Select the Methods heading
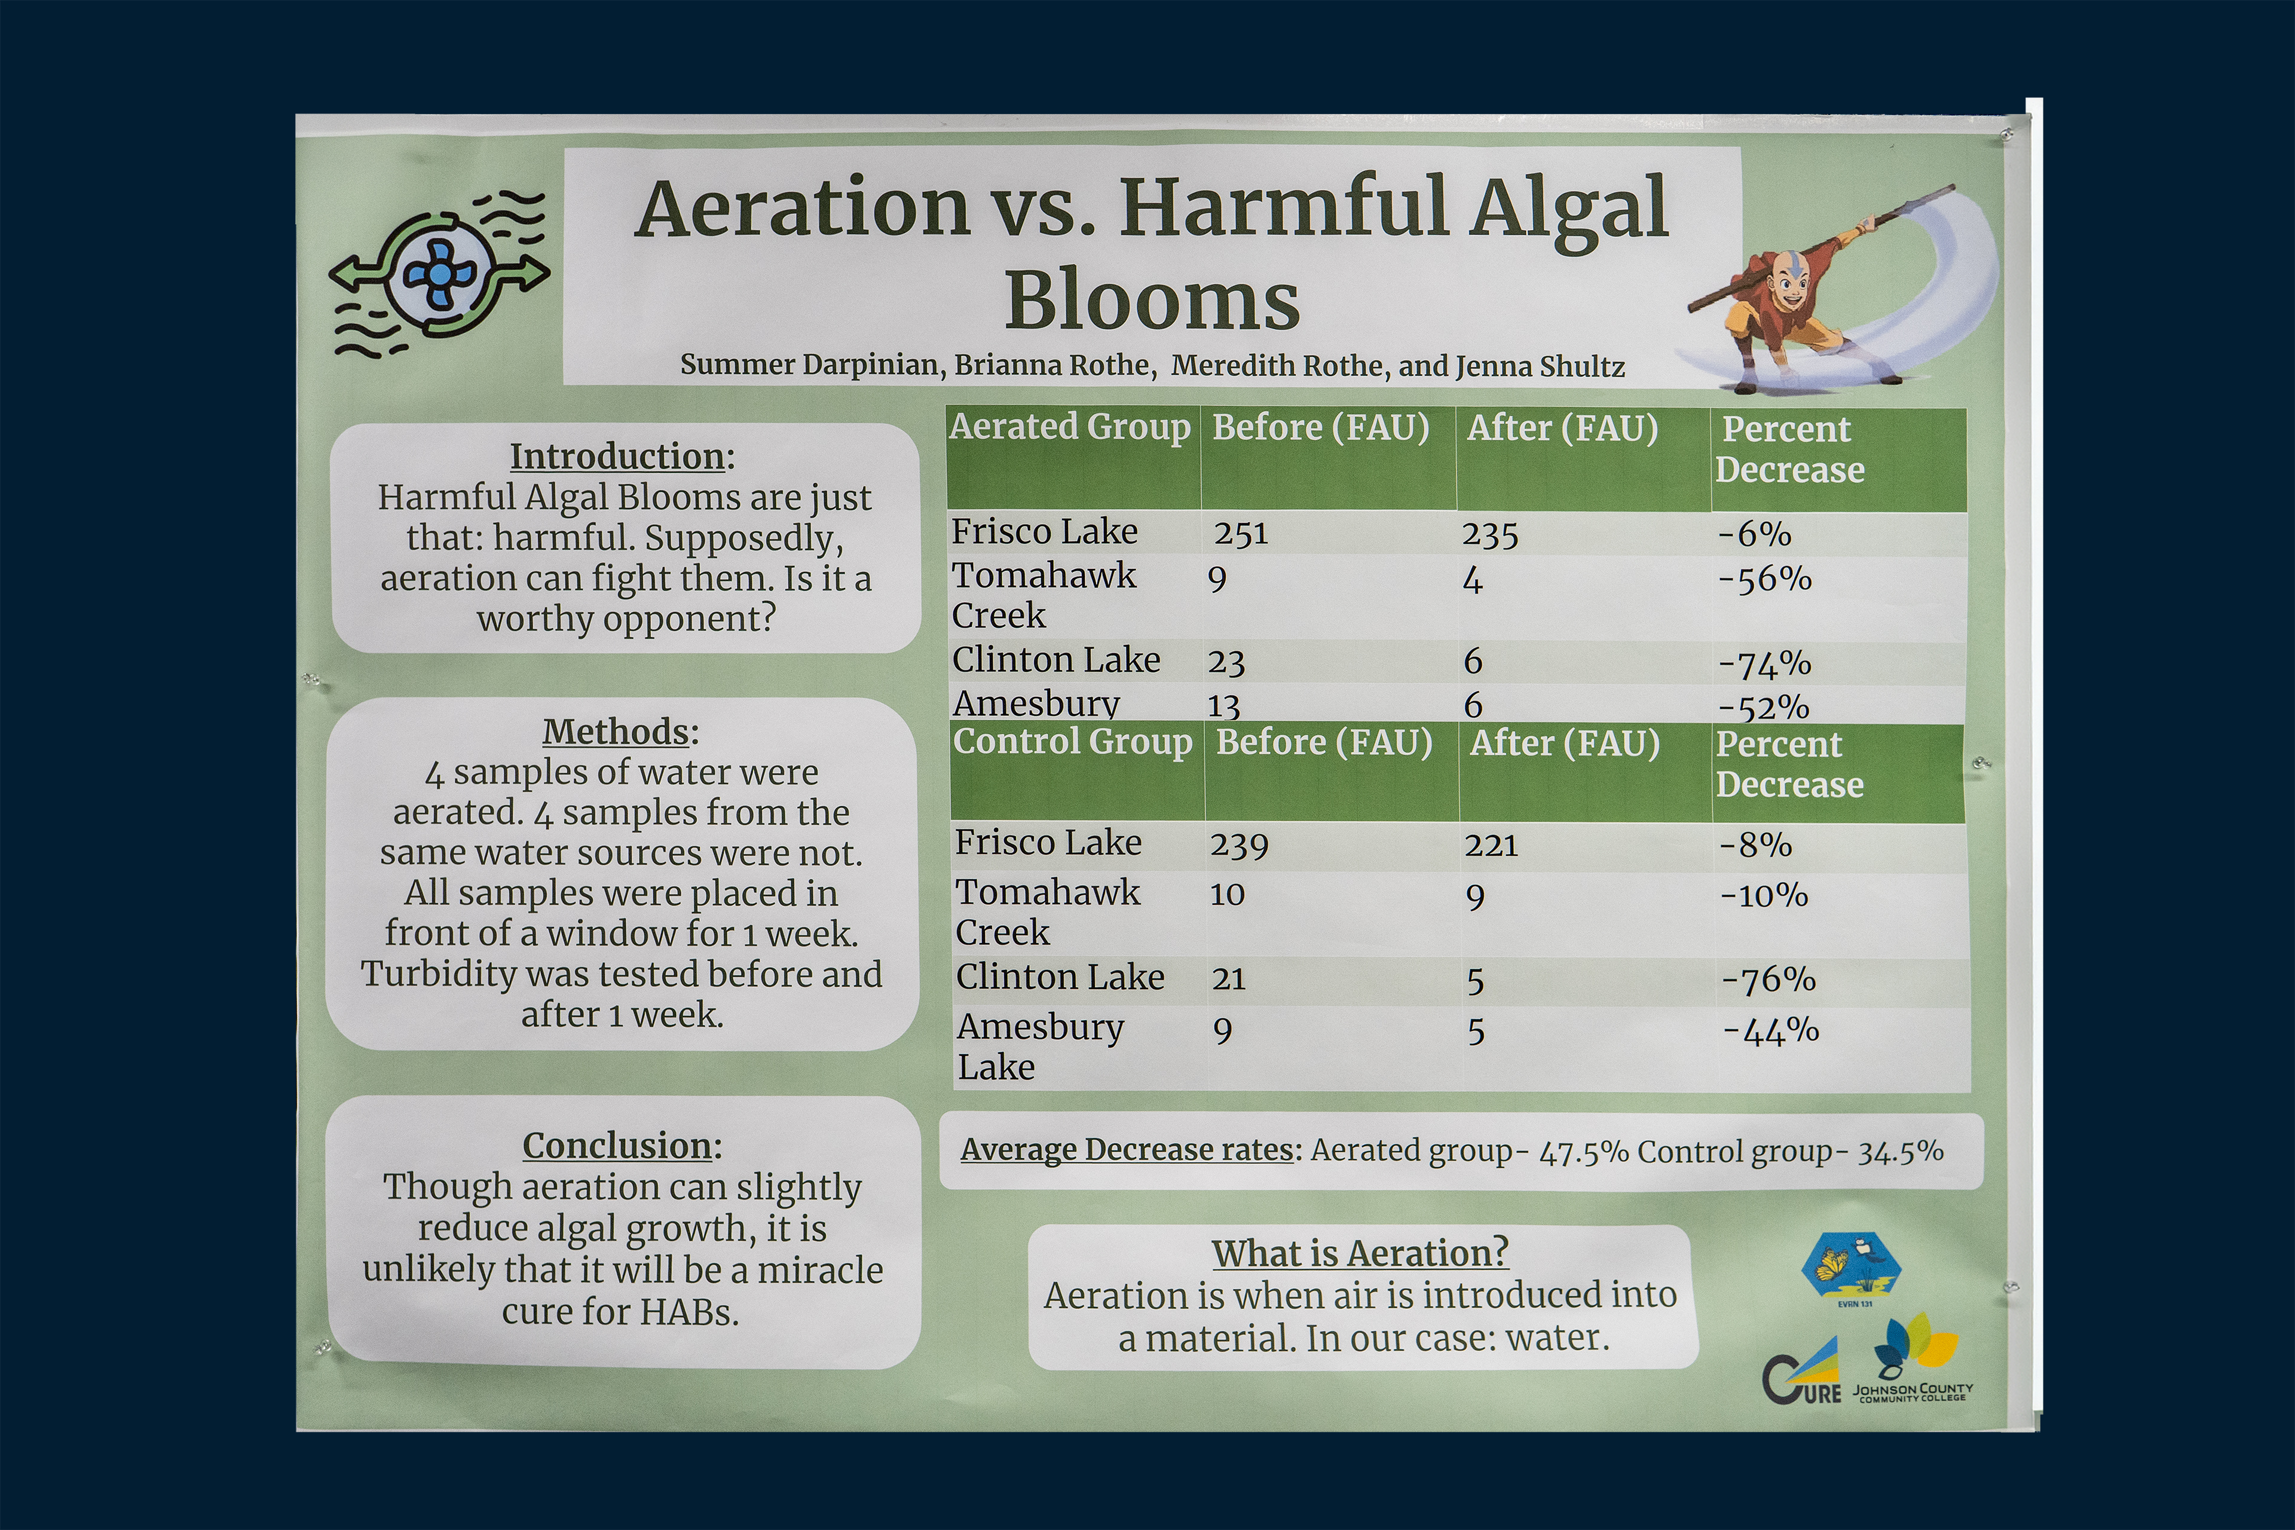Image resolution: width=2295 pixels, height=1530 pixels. (x=620, y=732)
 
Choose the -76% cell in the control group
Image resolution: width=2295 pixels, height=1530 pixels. (x=1768, y=980)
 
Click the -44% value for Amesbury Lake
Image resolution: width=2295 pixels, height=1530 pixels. (x=1771, y=1030)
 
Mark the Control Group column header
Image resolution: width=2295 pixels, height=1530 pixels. (x=1072, y=742)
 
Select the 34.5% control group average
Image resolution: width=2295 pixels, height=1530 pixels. (x=1901, y=1152)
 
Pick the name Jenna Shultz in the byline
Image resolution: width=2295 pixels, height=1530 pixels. (x=1540, y=367)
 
